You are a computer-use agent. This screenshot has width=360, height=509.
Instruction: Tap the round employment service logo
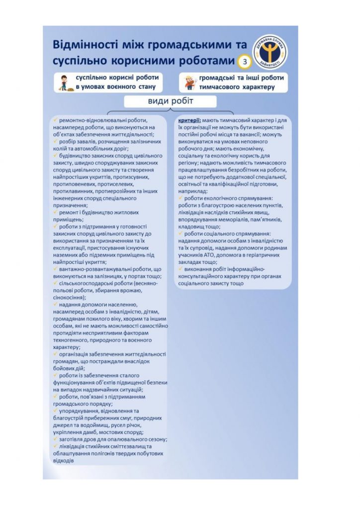(270, 52)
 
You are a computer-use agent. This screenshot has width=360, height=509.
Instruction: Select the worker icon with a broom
(63, 82)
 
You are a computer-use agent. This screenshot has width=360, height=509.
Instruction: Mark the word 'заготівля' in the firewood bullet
(73, 439)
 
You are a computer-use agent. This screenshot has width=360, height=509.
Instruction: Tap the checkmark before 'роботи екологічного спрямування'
(180, 198)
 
